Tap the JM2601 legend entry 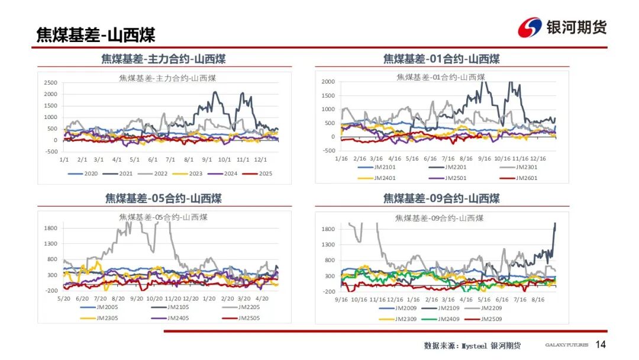pos(526,178)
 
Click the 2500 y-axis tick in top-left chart pos(51,82)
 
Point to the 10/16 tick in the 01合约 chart pos(502,159)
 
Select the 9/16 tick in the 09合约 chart pos(341,300)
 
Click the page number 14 pos(601,345)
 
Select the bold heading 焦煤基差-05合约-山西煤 pos(163,198)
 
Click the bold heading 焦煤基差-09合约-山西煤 pos(441,198)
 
